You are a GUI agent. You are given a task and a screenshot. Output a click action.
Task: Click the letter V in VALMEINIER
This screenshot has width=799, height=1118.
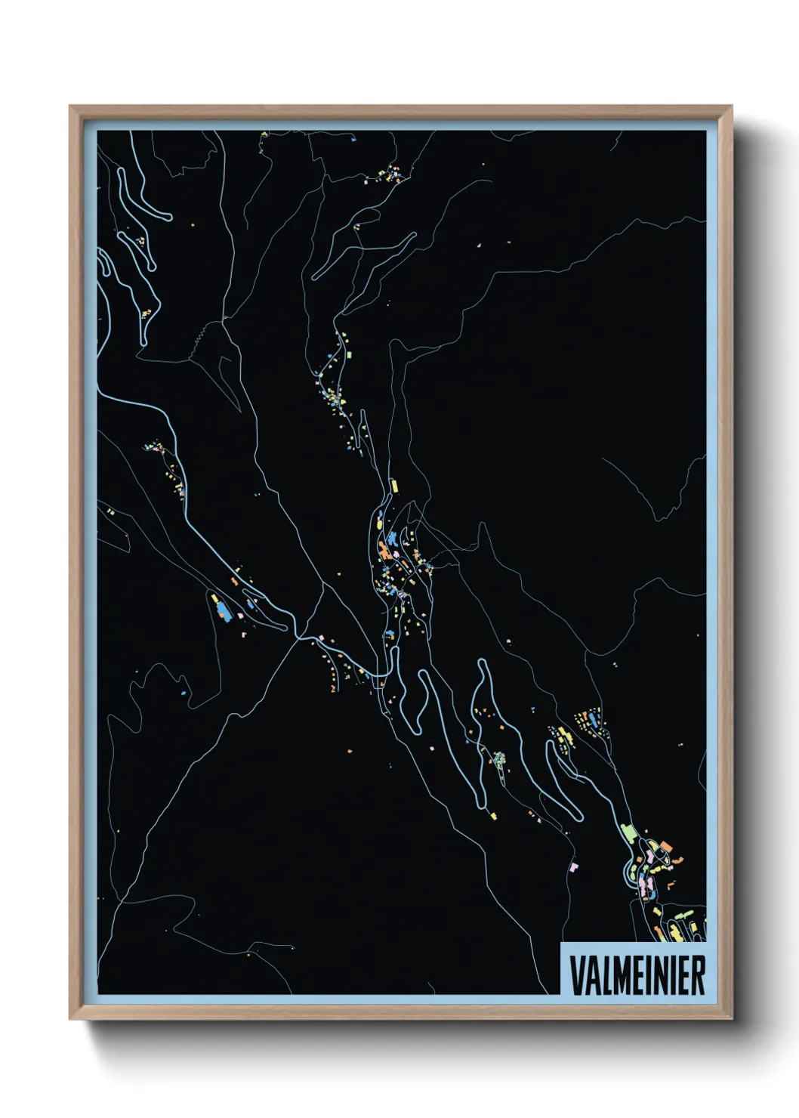[x=575, y=975]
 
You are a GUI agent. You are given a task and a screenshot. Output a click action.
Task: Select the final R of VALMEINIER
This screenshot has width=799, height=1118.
[x=697, y=975]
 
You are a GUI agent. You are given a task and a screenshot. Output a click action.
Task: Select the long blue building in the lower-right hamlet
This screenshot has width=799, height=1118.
[x=594, y=718]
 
